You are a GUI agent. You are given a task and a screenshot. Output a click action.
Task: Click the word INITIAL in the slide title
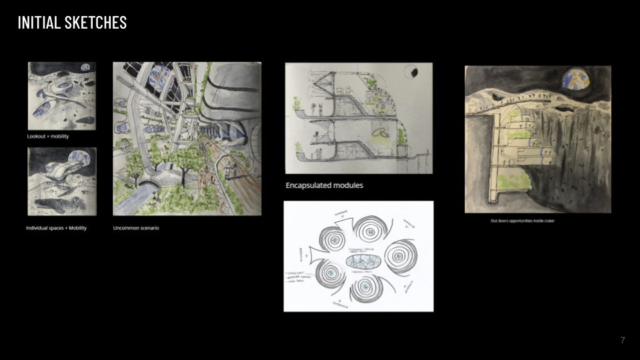(x=39, y=22)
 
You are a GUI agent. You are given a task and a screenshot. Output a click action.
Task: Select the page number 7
(x=623, y=341)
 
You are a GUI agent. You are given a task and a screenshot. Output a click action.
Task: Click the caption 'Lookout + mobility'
(x=48, y=137)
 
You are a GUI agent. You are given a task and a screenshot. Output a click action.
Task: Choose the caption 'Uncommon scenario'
(x=136, y=228)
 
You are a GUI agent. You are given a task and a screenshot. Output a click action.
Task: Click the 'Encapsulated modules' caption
(x=324, y=185)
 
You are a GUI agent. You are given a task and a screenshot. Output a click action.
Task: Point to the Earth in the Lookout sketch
(x=85, y=67)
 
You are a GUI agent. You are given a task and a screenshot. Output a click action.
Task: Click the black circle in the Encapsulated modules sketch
(x=414, y=72)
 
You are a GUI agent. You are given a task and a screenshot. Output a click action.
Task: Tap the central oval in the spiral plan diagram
(x=359, y=259)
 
